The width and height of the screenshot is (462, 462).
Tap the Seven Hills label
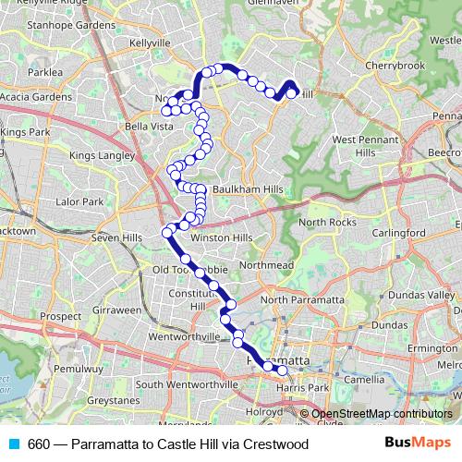(x=116, y=237)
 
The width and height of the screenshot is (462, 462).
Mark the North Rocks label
(x=327, y=223)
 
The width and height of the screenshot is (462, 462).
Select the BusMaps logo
(x=418, y=444)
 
